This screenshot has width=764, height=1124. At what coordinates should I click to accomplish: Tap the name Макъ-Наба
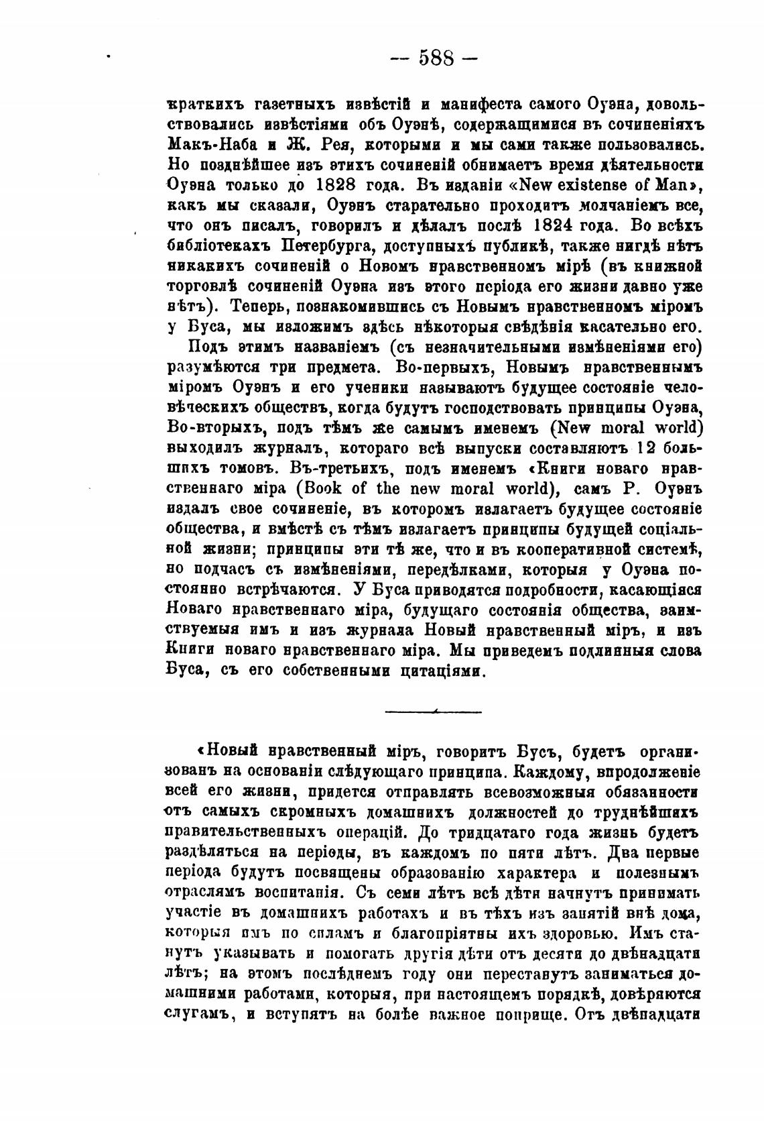203,144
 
